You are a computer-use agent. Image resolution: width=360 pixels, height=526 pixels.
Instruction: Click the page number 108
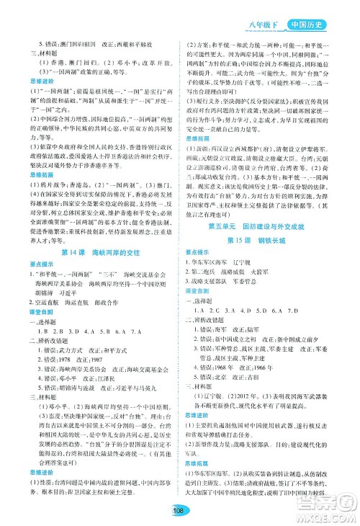180,510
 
